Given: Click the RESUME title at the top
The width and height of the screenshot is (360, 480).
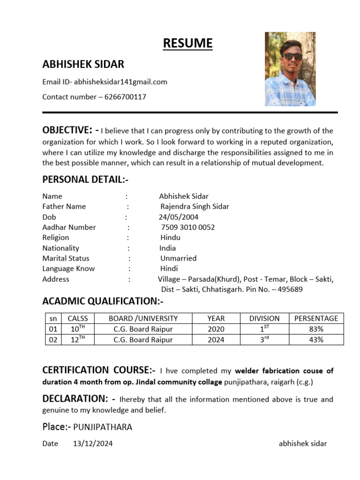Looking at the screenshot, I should pos(187,44).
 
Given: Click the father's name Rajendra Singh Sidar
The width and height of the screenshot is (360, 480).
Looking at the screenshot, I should pos(195,206).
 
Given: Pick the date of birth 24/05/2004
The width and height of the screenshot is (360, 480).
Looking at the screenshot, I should pos(179,217).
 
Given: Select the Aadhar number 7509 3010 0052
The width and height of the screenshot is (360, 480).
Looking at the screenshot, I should pos(187,227).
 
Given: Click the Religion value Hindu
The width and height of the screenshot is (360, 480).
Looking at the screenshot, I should pos(170,238).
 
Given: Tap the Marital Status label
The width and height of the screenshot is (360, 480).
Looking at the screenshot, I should pos(66,258).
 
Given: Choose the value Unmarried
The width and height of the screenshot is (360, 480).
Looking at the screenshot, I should pos(178,258).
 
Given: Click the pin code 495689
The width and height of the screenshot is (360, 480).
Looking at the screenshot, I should pos(290,289).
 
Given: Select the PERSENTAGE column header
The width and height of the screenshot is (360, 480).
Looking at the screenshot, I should pos(316,318).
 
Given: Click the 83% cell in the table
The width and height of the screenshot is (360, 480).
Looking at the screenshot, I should pos(316,329).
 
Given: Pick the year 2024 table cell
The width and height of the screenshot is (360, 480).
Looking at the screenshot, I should pos(216,340).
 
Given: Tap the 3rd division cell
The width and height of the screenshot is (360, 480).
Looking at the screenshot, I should pos(264,340).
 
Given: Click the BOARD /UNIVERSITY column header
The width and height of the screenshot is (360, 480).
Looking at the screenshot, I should pos(143,318).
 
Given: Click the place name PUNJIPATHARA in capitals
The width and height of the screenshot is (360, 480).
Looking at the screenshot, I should pos(103,427).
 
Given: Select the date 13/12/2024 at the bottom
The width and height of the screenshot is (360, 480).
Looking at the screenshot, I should pos(93,443).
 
